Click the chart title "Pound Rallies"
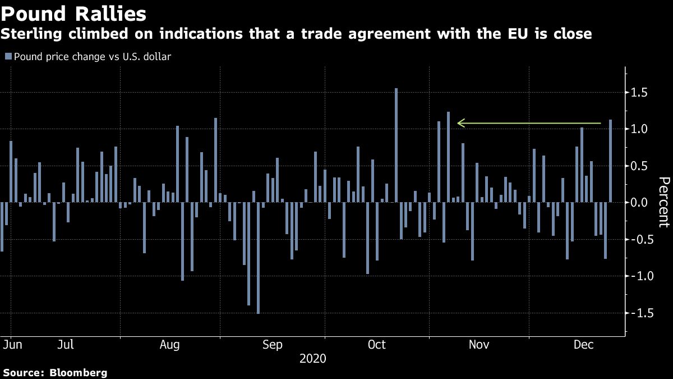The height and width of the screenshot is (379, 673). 74,13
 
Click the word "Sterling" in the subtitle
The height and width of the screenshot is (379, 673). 27,34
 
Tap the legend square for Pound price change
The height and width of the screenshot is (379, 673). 8,56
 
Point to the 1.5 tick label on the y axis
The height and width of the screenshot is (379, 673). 640,92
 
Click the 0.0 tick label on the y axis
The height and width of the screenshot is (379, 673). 640,203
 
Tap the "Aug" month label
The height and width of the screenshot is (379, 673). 169,344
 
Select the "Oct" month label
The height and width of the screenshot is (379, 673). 376,344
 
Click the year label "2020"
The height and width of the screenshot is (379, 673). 313,358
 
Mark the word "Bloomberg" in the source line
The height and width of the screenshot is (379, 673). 79,372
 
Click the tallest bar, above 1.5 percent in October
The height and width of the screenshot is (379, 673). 396,145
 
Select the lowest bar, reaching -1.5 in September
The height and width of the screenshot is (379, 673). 258,258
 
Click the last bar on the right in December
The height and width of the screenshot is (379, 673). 610,161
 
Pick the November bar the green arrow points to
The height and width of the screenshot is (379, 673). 448,157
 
